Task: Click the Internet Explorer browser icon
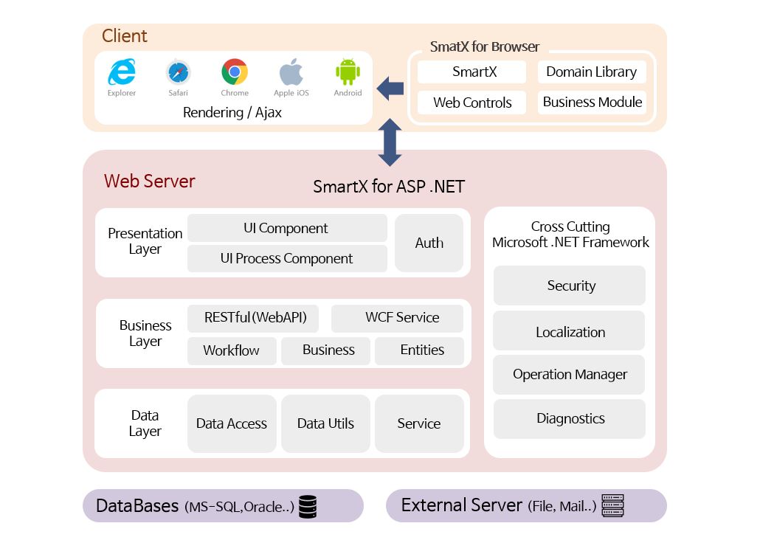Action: pos(122,72)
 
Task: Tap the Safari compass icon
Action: pos(178,72)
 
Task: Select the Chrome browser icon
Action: pos(235,72)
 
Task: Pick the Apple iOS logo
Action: pos(291,73)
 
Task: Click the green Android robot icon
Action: pos(348,72)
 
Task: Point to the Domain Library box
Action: pos(591,72)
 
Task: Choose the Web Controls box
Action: pos(472,103)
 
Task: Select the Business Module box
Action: pos(592,103)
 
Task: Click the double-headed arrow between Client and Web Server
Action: pos(390,142)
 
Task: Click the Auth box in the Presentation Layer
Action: pos(429,243)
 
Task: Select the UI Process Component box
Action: pos(287,259)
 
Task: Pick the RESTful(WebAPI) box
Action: pos(255,318)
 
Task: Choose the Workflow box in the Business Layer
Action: pos(232,350)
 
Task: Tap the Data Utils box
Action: pos(325,423)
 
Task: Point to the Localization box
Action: pos(569,331)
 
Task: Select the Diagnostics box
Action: pos(569,418)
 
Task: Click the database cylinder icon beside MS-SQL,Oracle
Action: pos(308,506)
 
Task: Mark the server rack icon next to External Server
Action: pos(612,505)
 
